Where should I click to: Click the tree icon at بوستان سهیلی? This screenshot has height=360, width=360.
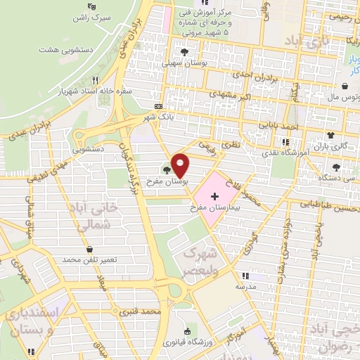(185, 52)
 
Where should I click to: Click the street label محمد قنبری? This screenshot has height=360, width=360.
(137, 309)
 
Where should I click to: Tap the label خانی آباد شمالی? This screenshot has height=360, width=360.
(92, 216)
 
